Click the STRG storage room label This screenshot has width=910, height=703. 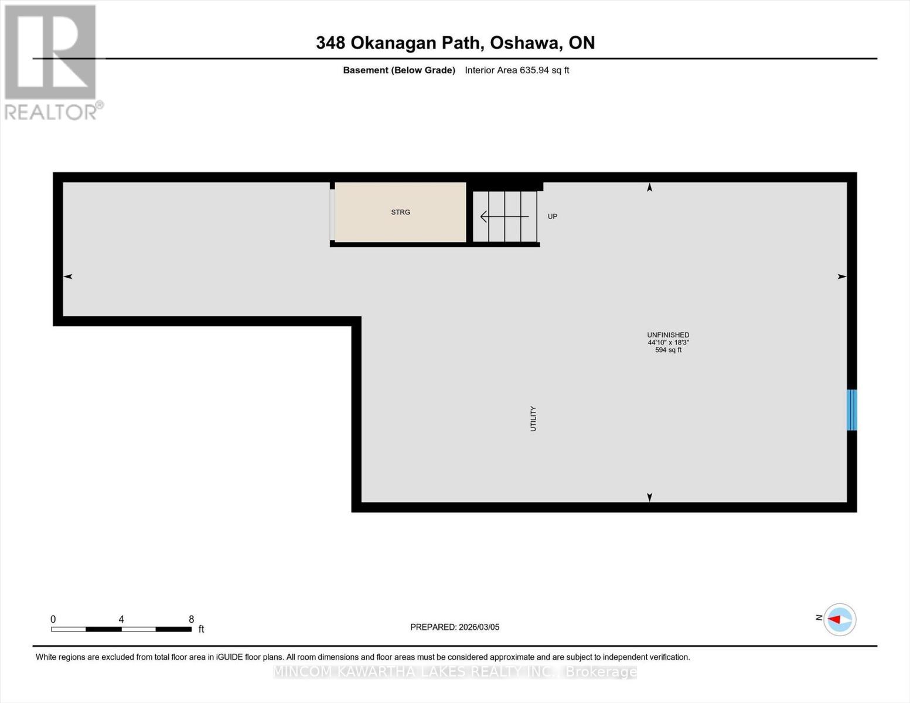(x=401, y=212)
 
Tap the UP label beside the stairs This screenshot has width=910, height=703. (x=553, y=217)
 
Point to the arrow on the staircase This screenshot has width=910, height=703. (x=504, y=217)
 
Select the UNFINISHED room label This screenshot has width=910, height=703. (x=668, y=335)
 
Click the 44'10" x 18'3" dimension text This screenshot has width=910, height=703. (x=668, y=343)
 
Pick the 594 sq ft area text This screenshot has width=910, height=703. (x=668, y=350)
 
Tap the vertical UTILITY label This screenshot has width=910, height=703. (x=533, y=419)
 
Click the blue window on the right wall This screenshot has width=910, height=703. (x=852, y=410)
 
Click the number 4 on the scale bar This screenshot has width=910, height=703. (x=121, y=619)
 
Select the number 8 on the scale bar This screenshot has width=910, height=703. (x=192, y=619)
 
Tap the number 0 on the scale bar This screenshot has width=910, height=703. (x=53, y=619)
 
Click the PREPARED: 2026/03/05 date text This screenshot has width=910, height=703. (x=455, y=627)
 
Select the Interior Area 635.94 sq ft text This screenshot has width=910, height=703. (x=517, y=70)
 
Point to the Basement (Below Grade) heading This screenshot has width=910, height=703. (x=399, y=70)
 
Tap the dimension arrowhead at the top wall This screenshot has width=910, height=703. (x=649, y=187)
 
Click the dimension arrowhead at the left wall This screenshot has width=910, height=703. (x=68, y=277)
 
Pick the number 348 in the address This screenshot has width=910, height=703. (x=330, y=43)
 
